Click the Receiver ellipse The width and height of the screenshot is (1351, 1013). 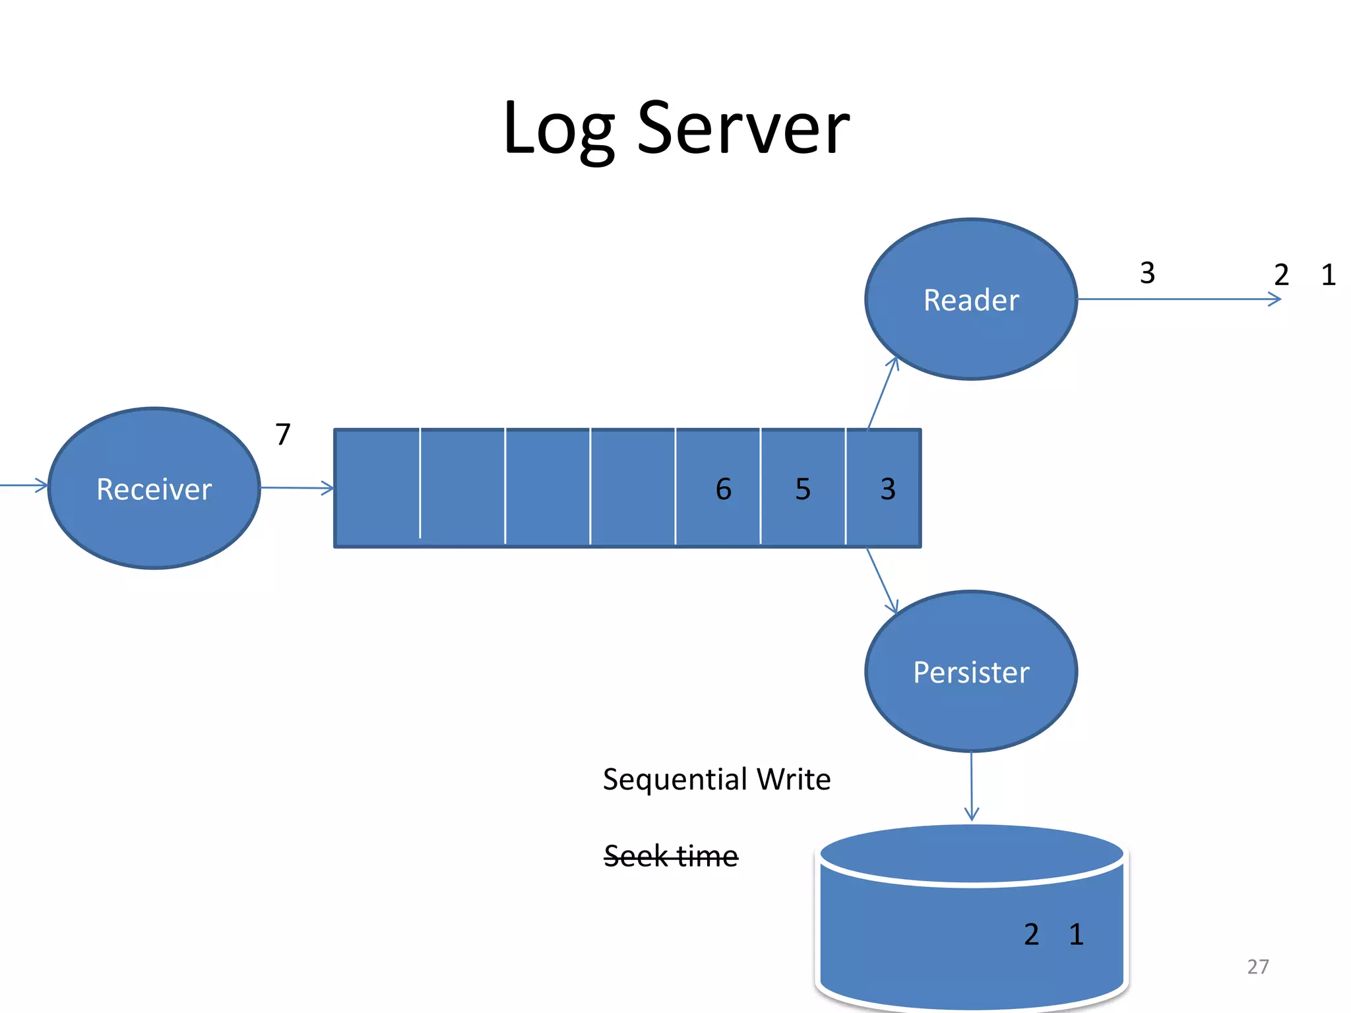pos(154,489)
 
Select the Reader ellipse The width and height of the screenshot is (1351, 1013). pos(970,300)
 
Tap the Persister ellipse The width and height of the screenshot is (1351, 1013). pos(970,672)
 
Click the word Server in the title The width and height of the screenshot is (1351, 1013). pos(743,129)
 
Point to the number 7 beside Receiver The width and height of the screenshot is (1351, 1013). pos(283,435)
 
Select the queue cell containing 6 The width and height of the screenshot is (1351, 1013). pos(718,489)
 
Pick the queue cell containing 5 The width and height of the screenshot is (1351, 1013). pos(803,489)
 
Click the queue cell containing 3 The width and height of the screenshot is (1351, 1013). pos(884,489)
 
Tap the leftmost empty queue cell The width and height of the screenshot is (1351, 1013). pos(377,489)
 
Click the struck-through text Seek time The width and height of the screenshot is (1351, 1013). pos(670,857)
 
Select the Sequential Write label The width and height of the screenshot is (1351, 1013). pos(716,780)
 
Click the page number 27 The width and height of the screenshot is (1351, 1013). pos(1257,967)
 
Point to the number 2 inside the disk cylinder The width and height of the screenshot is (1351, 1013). pos(1031,935)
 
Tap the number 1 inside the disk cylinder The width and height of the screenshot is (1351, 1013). pos(1076,935)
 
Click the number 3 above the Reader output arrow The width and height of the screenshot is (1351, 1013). pos(1147,273)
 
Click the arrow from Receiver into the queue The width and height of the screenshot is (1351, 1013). pos(297,488)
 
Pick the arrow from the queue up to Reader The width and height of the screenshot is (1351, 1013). pos(883,393)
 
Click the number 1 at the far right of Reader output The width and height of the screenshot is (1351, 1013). pos(1328,275)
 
